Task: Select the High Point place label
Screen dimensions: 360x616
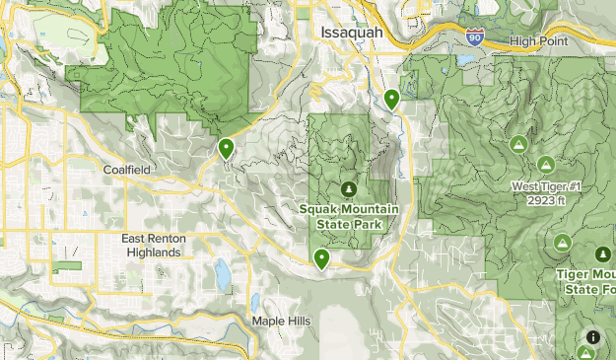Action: point(540,40)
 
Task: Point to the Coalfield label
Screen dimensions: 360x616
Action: point(127,170)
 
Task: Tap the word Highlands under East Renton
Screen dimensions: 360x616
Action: point(154,252)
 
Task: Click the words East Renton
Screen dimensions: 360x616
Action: point(154,239)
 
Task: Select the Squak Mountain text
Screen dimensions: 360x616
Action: point(348,209)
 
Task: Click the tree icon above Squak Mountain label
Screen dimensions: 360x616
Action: point(347,188)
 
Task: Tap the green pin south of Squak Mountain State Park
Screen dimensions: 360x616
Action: point(321,259)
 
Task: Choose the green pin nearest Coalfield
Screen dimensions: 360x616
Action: point(226,149)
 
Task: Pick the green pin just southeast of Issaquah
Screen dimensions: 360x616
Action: point(391,99)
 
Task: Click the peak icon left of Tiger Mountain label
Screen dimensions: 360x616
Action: point(561,243)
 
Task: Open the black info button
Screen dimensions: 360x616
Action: point(592,336)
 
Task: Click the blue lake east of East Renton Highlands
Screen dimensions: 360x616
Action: point(222,272)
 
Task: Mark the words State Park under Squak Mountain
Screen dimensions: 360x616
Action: point(348,224)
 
